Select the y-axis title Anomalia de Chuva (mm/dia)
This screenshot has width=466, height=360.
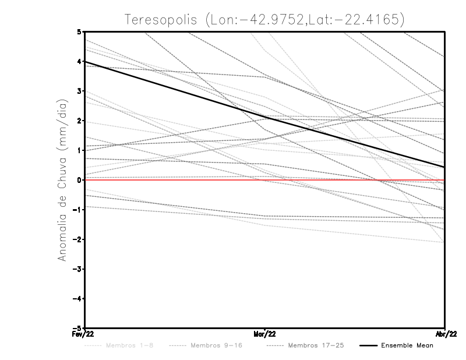pyautogui.click(x=62, y=180)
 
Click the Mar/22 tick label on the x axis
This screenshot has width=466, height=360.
pyautogui.click(x=265, y=334)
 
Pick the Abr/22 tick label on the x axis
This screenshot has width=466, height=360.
pyautogui.click(x=446, y=334)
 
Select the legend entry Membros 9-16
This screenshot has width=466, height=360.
pyautogui.click(x=216, y=345)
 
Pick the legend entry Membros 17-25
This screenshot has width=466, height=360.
pyautogui.click(x=315, y=345)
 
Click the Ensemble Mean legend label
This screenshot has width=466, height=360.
pyautogui.click(x=407, y=345)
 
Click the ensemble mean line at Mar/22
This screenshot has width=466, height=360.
pyautogui.click(x=265, y=117)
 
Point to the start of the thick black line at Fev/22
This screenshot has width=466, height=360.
pyautogui.click(x=86, y=62)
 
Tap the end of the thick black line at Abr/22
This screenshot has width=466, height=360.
pyautogui.click(x=444, y=167)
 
